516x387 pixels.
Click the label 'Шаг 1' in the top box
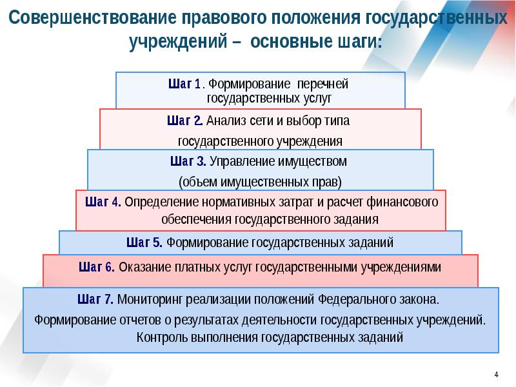coord(184,84)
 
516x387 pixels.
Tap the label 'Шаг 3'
coord(188,161)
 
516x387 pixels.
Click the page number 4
coord(497,375)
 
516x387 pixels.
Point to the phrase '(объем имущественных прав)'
coord(259,180)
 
